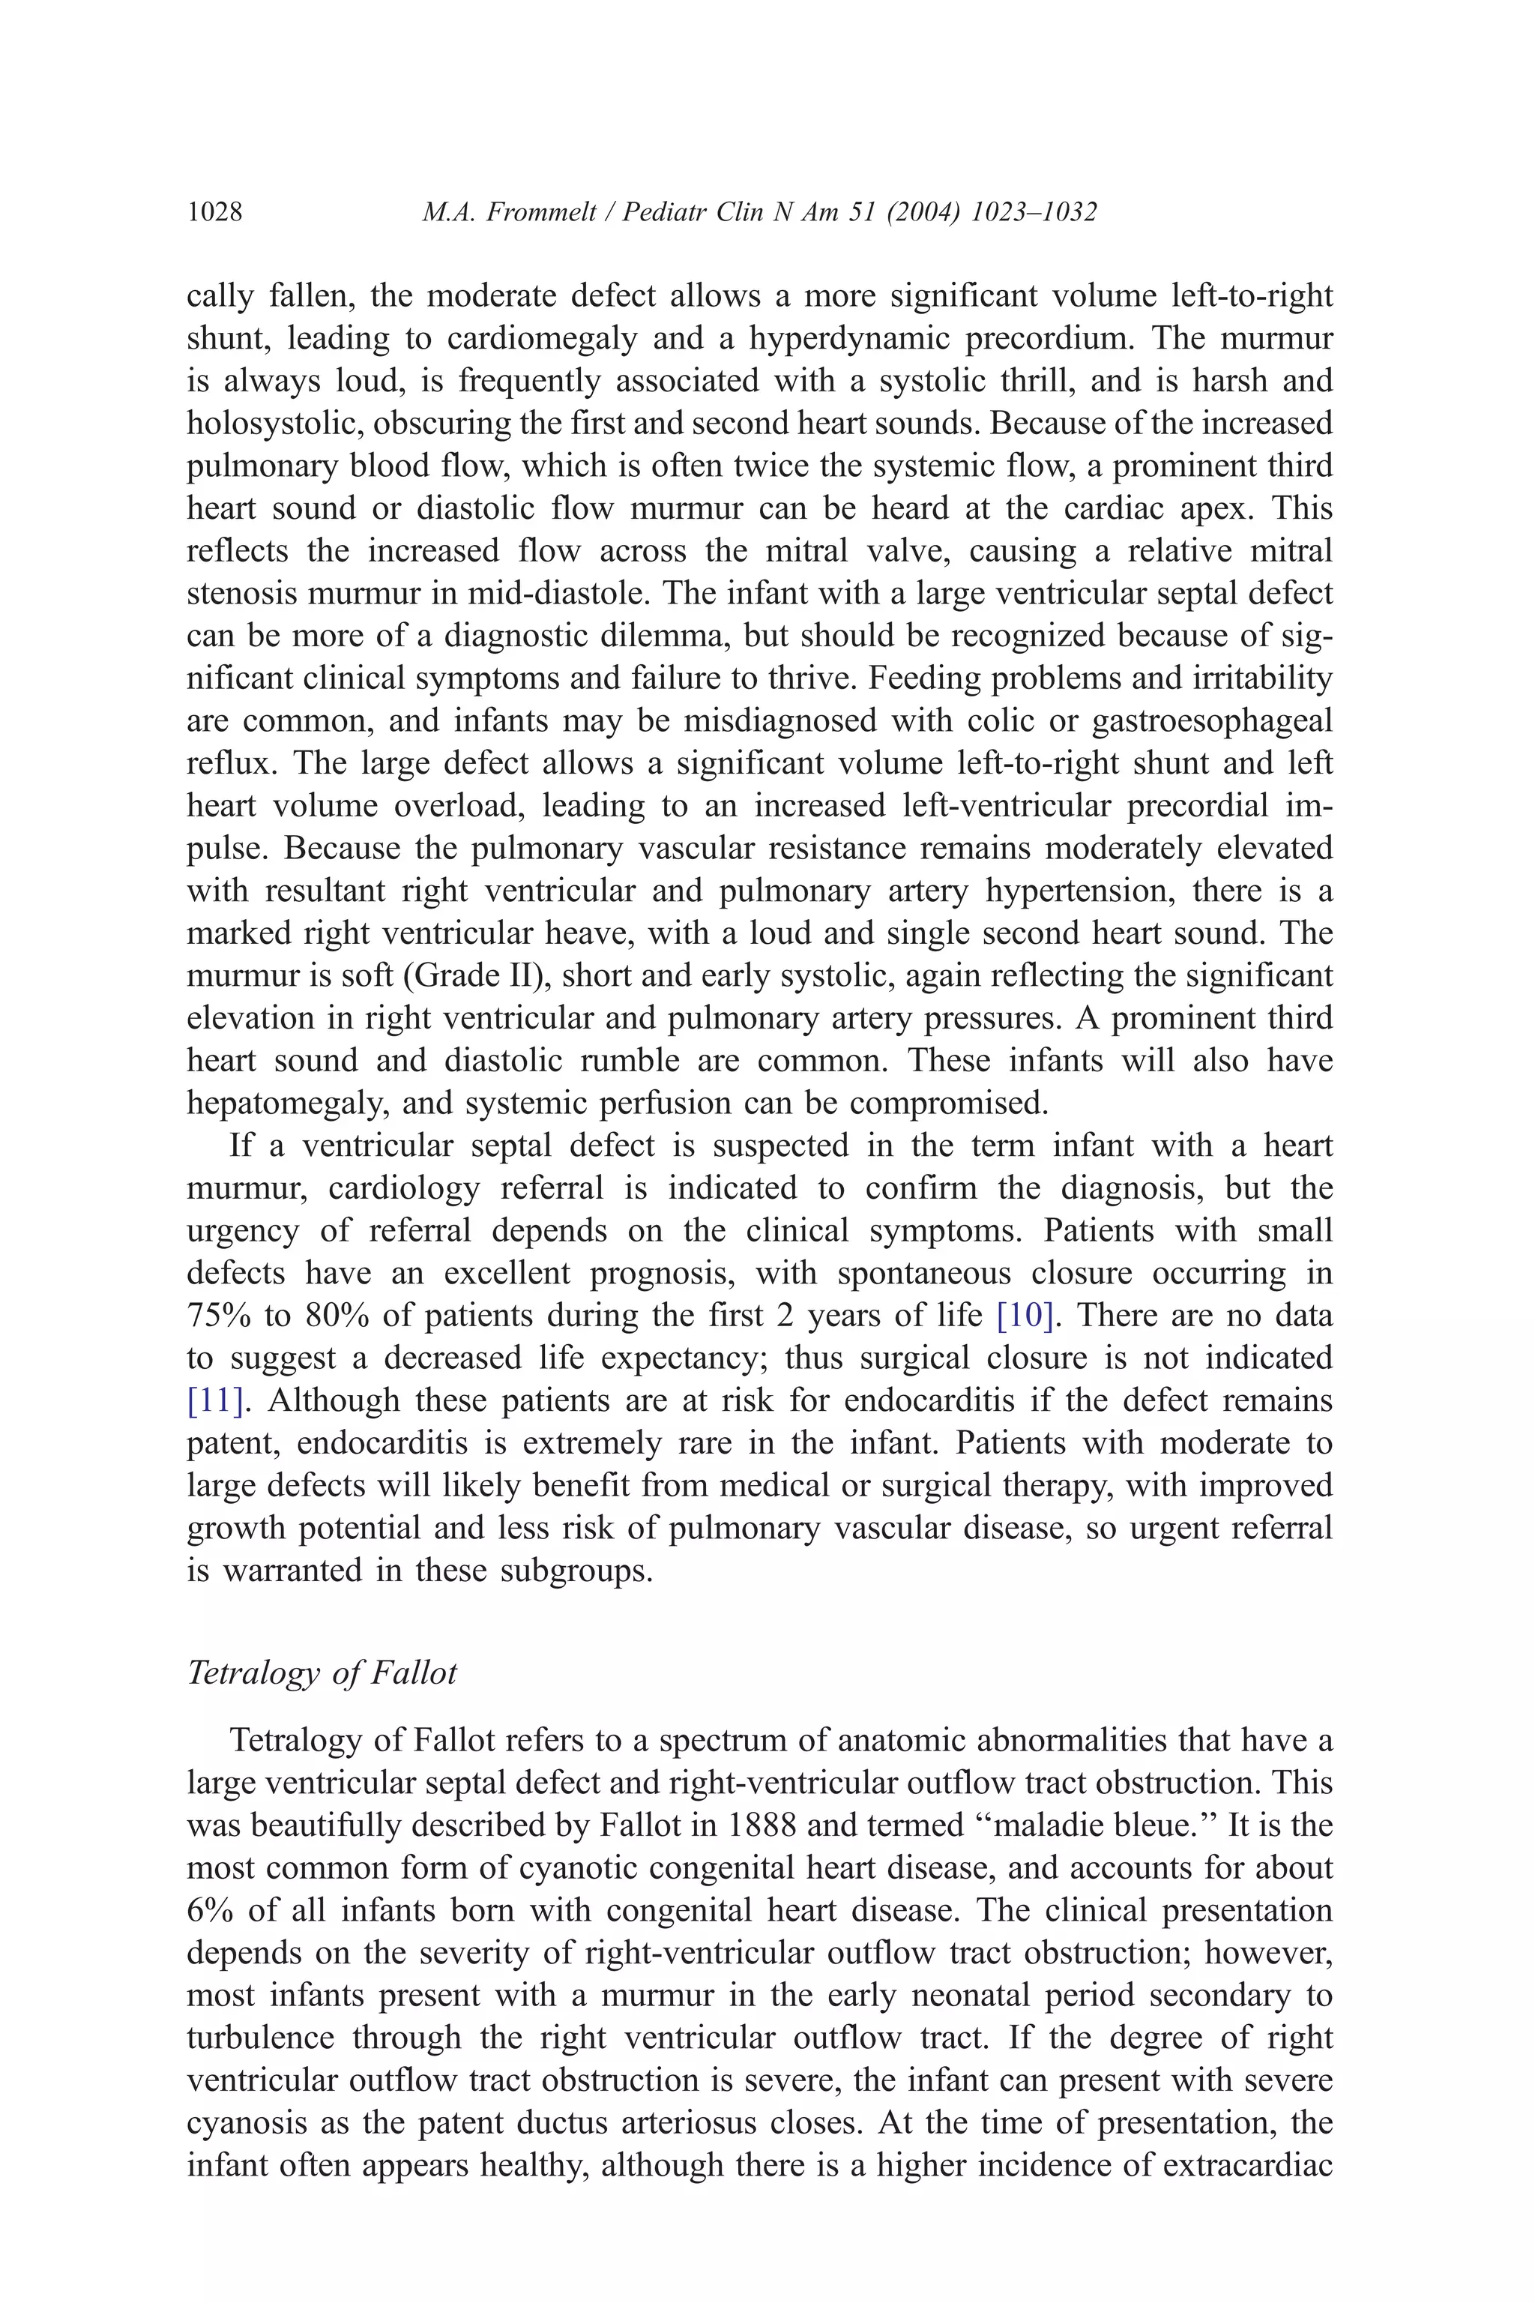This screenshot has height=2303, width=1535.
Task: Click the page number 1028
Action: [214, 212]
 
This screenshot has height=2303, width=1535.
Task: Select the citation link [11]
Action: [214, 1400]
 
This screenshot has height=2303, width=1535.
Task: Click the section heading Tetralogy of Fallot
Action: [322, 1672]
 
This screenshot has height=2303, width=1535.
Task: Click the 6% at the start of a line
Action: [208, 1910]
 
